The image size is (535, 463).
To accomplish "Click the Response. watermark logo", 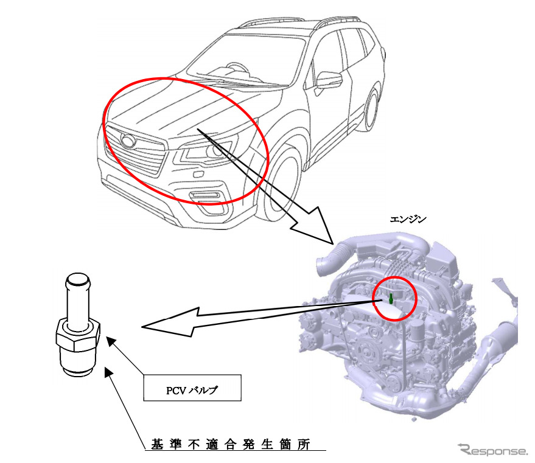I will pos(494,450).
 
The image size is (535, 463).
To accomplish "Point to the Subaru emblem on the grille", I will pos(128,142).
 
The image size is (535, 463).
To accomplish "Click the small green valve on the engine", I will pos(390,299).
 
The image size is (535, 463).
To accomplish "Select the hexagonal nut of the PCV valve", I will pos(79,335).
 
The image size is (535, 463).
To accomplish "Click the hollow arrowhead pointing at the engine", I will pos(314,226).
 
